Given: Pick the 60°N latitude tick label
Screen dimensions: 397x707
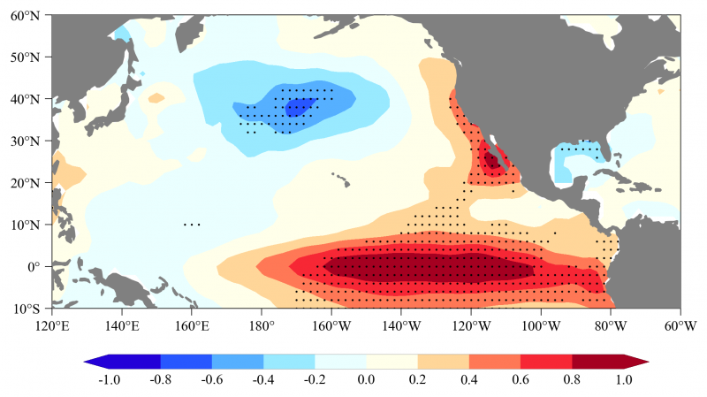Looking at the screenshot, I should (x=30, y=15).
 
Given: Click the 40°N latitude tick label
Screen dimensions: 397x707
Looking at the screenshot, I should (x=30, y=99).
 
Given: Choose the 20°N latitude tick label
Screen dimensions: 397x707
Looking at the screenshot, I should (x=30, y=182).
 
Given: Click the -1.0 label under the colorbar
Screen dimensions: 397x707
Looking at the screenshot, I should (x=108, y=381).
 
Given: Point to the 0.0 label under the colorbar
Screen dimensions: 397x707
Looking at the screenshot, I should (x=367, y=381).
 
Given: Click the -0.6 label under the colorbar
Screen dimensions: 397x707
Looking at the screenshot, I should (x=211, y=381).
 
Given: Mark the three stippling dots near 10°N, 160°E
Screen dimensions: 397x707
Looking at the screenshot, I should (x=192, y=225).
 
